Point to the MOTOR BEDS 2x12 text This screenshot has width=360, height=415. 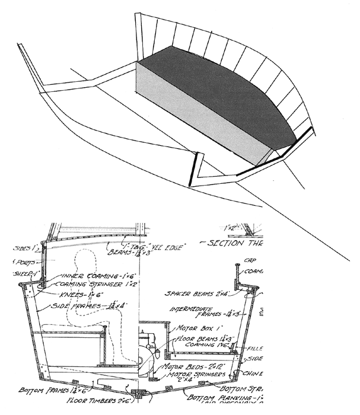189,368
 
